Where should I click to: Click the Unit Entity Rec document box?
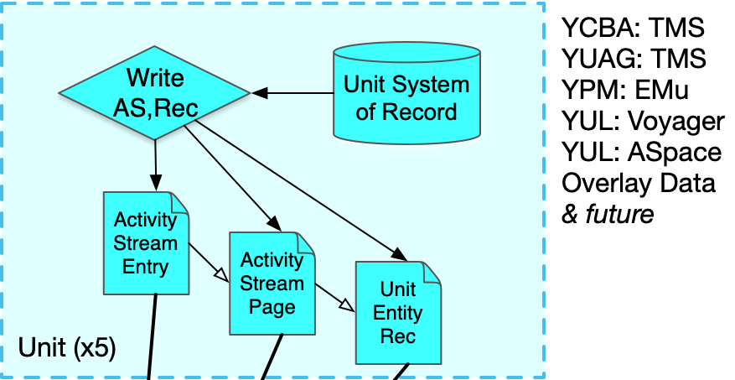tap(398, 312)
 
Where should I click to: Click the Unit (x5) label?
tap(67, 346)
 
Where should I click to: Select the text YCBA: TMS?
tap(633, 29)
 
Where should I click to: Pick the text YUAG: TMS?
tap(634, 60)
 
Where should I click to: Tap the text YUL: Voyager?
tap(643, 122)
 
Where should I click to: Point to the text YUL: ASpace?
tap(641, 152)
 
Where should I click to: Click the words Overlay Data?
tap(639, 183)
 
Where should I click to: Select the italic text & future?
tap(608, 214)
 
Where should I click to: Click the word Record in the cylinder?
tap(427, 112)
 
